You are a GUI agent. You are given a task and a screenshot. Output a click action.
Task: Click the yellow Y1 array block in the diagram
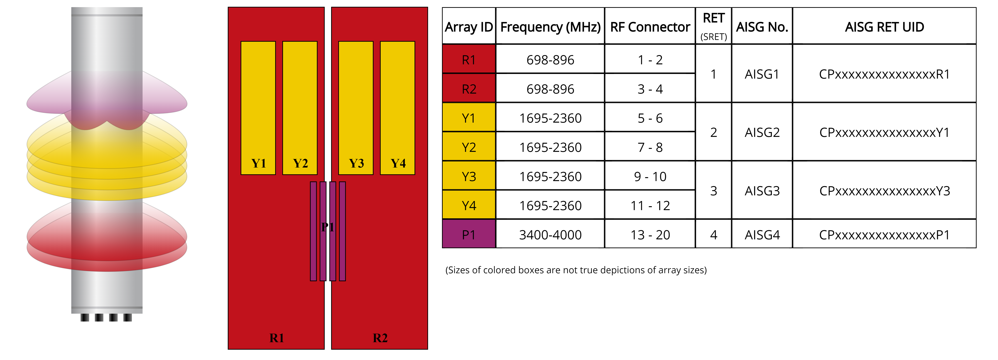(258, 108)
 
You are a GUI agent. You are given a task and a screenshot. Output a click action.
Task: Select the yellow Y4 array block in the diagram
(397, 108)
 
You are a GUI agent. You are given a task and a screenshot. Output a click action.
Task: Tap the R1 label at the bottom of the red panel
(277, 338)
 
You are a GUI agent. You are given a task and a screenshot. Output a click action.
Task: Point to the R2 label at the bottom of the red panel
(380, 338)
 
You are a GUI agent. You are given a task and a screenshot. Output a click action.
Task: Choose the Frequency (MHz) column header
(550, 27)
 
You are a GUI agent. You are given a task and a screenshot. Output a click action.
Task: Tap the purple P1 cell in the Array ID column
(469, 235)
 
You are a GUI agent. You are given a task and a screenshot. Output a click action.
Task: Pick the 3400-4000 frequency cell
(550, 235)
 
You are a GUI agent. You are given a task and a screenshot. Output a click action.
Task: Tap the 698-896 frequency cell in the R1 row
(550, 60)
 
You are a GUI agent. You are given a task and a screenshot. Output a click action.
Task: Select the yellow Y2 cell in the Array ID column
(469, 147)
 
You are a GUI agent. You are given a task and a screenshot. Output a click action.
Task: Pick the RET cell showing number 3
(713, 191)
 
